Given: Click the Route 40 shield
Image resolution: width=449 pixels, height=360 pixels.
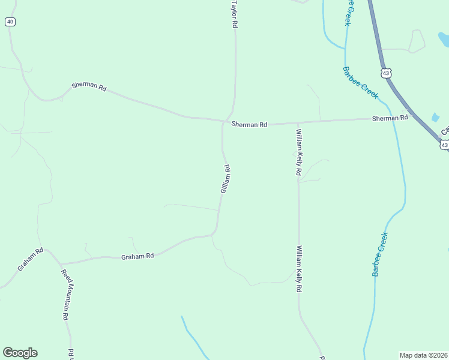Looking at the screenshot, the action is [x=10, y=22].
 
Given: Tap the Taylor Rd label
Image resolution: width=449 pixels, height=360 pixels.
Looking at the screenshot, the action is [x=235, y=14].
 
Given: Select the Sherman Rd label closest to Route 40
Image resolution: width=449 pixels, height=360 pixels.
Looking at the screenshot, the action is [x=89, y=86].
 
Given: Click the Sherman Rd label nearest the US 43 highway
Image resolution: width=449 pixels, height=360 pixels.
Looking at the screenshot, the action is [x=390, y=118].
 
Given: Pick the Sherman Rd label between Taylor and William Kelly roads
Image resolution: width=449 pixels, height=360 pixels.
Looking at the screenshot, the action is [x=249, y=124].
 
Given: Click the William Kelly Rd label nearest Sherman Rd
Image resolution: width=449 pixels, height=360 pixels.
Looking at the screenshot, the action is [x=298, y=151].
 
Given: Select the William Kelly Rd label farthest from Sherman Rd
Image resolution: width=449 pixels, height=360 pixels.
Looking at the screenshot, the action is [x=298, y=268].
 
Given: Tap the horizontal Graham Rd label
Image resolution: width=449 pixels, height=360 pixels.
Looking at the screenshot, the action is [x=137, y=256].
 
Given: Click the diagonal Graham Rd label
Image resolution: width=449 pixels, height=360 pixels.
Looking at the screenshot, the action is [x=30, y=259].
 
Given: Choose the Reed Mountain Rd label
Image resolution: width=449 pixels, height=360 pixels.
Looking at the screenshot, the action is [x=65, y=295].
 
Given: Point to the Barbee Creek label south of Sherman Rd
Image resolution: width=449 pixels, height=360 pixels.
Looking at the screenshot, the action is [x=380, y=254].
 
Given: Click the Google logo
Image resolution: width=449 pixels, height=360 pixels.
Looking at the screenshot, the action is [x=20, y=353].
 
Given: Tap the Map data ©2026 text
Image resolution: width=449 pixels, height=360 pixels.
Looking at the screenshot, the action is [x=423, y=355].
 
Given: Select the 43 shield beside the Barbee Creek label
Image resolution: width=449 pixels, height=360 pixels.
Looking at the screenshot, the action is [x=385, y=73].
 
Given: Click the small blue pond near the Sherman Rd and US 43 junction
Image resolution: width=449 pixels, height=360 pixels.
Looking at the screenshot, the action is [x=435, y=118].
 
